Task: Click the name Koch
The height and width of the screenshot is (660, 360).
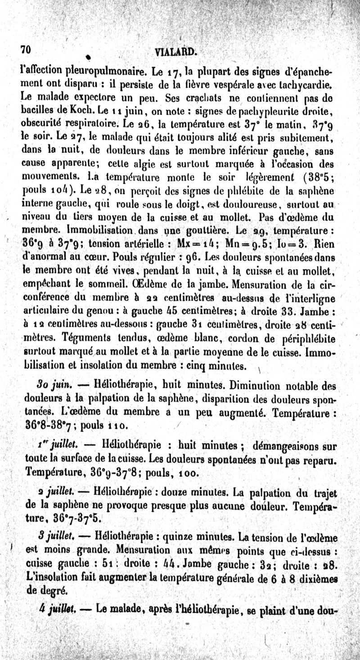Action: (x=85, y=109)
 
